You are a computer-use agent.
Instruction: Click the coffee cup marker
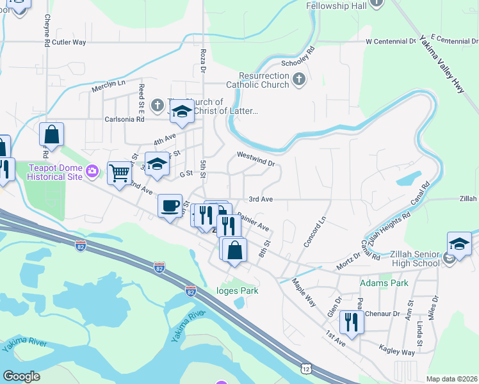click(x=170, y=206)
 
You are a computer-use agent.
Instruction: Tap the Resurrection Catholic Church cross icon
click(x=298, y=80)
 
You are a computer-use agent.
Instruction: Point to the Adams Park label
click(x=384, y=282)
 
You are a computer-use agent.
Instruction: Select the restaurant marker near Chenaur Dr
click(x=351, y=321)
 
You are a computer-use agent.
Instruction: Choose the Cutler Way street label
click(x=69, y=42)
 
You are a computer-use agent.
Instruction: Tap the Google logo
click(x=22, y=376)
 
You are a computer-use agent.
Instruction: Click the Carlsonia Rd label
click(x=125, y=119)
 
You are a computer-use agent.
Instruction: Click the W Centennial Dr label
click(x=391, y=41)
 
